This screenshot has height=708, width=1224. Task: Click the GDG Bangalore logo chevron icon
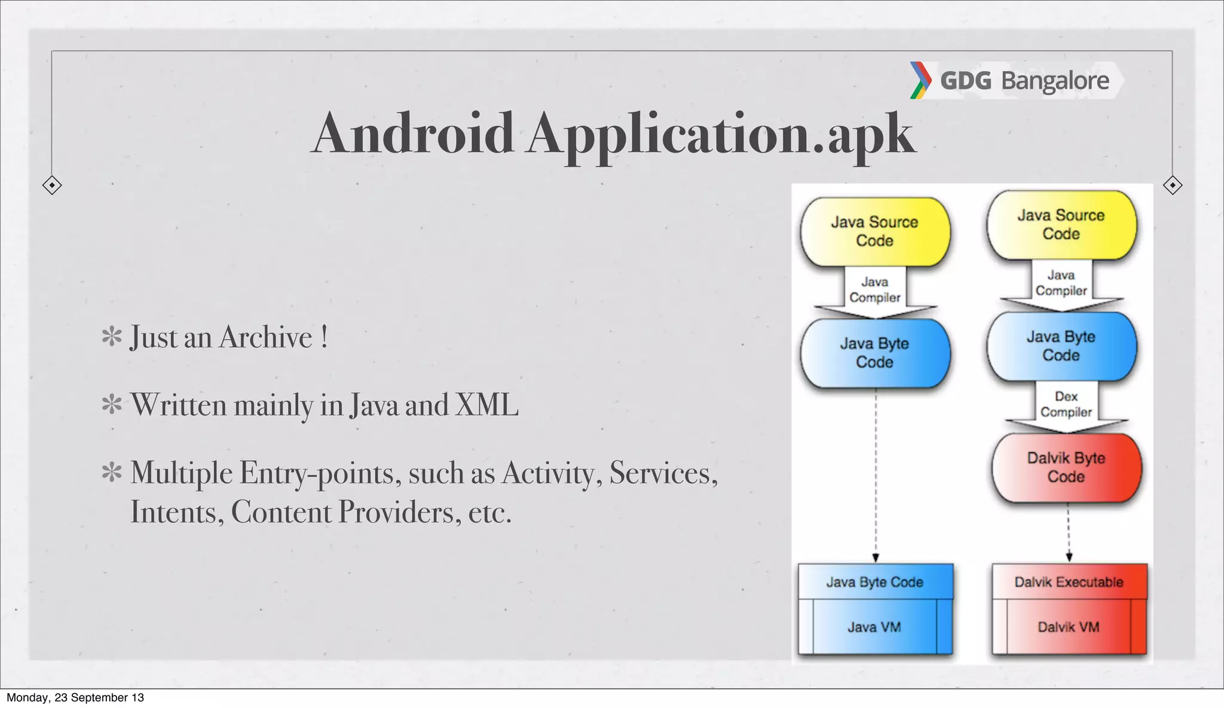(x=920, y=80)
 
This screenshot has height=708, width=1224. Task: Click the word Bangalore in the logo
(x=1055, y=81)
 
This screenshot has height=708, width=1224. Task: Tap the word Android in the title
(x=413, y=133)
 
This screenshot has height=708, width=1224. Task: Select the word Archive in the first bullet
(x=266, y=337)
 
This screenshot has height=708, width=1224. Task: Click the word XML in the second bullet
(x=486, y=405)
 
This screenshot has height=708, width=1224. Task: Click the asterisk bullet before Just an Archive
(x=112, y=337)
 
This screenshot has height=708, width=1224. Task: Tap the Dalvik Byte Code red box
(x=1066, y=468)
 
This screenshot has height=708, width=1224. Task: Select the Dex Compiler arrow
(x=1066, y=407)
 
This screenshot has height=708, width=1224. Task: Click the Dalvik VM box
(x=1069, y=627)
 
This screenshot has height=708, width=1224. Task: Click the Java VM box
(x=874, y=627)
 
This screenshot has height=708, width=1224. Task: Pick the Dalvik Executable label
(x=1069, y=582)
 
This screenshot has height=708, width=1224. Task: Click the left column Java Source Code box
(x=875, y=231)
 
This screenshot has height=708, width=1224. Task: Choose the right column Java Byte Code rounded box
(x=1061, y=346)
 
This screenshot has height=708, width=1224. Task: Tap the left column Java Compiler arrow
(x=875, y=291)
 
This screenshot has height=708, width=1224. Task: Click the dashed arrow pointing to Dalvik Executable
(x=1069, y=532)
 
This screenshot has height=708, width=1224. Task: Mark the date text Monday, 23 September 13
(x=75, y=698)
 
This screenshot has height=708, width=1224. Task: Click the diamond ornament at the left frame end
(x=52, y=185)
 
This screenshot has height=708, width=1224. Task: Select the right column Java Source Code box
(x=1061, y=225)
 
